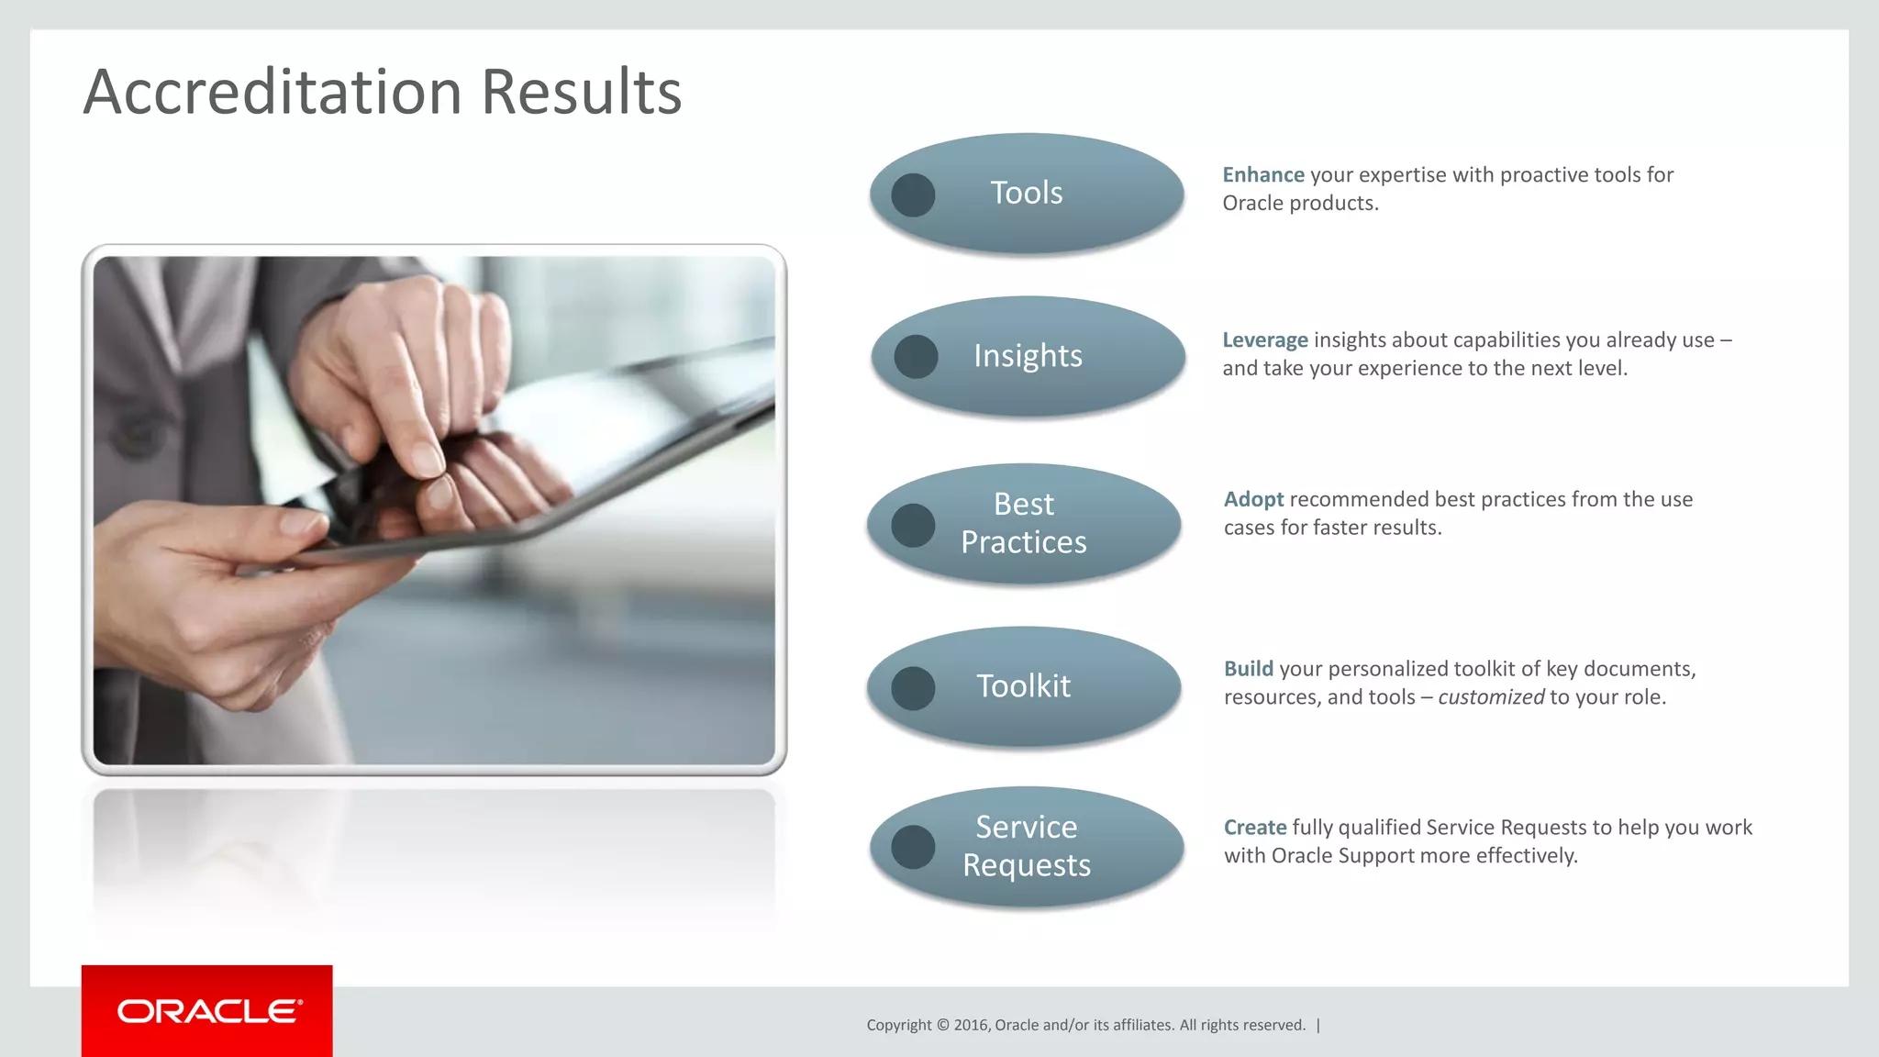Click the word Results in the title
[x=581, y=93]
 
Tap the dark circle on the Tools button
[x=913, y=195]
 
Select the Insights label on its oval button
[x=1028, y=356]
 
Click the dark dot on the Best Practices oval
[x=913, y=526]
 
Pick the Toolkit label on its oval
[x=1023, y=686]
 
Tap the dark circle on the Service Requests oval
[x=913, y=847]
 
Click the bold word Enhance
[x=1262, y=175]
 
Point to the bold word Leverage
[x=1264, y=340]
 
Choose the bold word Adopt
[x=1253, y=500]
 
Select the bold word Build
[x=1248, y=669]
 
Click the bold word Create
[x=1254, y=828]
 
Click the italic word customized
[x=1491, y=697]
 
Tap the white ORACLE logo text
[x=209, y=1011]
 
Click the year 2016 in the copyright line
[x=970, y=1025]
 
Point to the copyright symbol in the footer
[x=942, y=1025]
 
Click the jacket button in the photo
[x=136, y=434]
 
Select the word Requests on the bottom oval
[x=1026, y=865]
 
